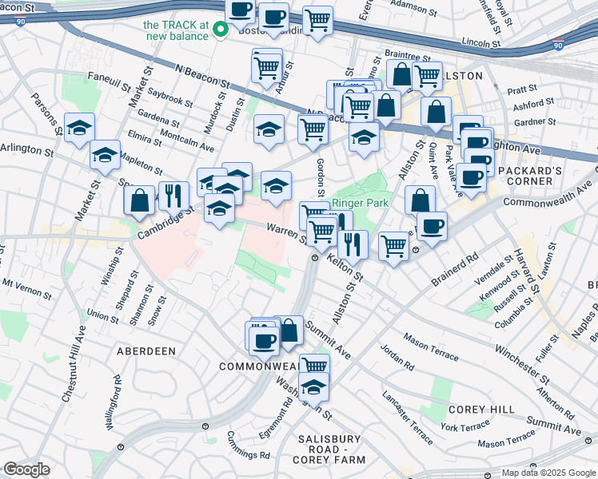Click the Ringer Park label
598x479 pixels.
[x=360, y=204]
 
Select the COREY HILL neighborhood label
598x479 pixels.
[x=481, y=410]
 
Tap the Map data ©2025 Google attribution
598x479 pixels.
[x=548, y=473]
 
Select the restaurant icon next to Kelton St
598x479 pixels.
[x=352, y=243]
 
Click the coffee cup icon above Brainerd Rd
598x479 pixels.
[x=432, y=227]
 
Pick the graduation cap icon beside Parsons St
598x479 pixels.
[x=79, y=129]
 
